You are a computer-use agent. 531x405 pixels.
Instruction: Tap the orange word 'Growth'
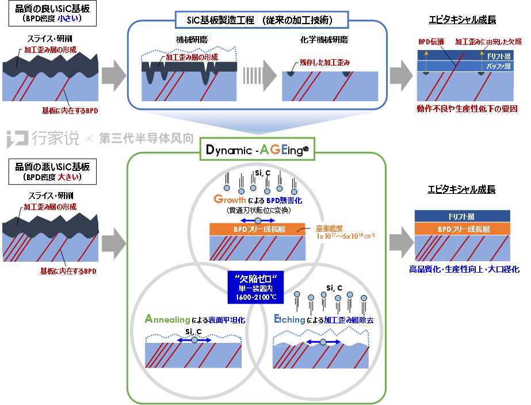(x=230, y=200)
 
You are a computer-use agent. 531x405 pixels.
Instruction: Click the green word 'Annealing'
(x=167, y=319)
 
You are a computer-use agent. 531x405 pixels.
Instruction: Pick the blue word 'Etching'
(x=289, y=319)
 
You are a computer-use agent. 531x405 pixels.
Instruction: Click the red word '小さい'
(x=68, y=18)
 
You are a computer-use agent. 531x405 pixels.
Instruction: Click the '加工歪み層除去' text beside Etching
(x=348, y=320)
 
